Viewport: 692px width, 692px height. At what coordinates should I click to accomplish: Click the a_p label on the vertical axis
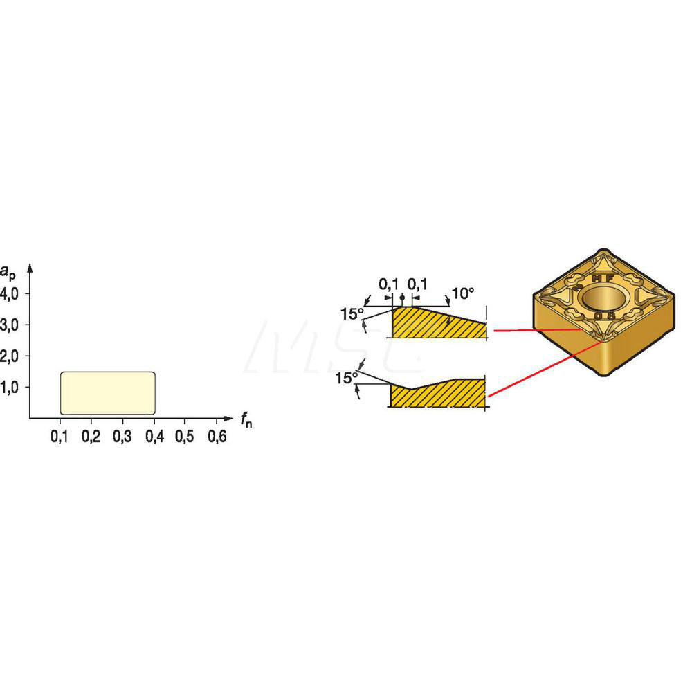point(8,253)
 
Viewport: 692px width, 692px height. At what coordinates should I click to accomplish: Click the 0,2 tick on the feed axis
point(91,437)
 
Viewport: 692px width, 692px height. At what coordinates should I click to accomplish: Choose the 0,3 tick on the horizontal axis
point(122,437)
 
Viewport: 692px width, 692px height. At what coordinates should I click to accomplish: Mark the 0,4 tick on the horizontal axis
point(154,437)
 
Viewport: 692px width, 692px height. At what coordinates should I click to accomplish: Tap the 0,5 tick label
point(185,437)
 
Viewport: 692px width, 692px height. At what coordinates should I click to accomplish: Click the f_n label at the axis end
point(246,419)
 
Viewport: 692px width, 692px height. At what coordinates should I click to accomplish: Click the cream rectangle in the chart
point(107,392)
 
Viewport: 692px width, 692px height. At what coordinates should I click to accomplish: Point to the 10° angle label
point(464,293)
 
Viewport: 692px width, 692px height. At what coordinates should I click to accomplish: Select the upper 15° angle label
point(351,313)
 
